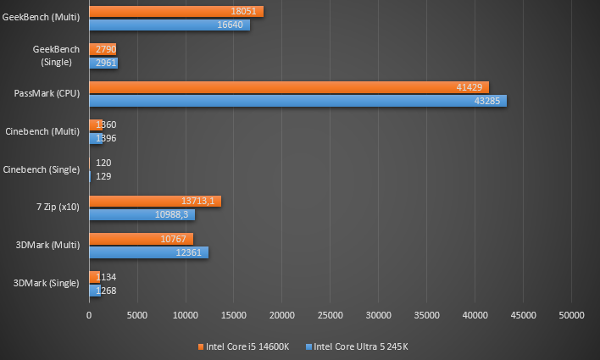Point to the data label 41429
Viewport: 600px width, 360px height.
(x=471, y=87)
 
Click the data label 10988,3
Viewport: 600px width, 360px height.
(x=174, y=214)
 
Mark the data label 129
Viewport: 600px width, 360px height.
(x=103, y=176)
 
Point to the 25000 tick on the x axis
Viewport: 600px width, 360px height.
(x=330, y=315)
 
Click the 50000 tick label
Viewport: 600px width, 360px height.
(x=570, y=315)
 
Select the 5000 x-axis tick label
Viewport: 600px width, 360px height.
(x=137, y=315)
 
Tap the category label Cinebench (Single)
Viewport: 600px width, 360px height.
(x=42, y=169)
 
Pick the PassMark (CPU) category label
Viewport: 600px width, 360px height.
(x=47, y=94)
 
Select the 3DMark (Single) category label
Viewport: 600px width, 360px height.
(x=47, y=283)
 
